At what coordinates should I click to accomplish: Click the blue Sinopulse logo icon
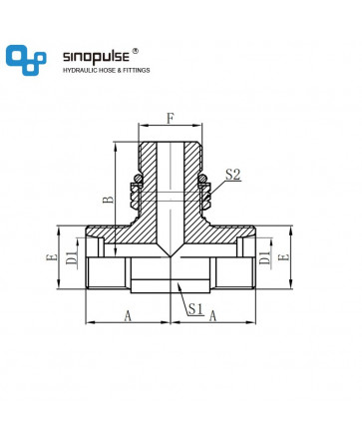coord(26,60)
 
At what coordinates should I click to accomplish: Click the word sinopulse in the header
coord(96,57)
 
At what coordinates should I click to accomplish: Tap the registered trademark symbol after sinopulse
coord(136,51)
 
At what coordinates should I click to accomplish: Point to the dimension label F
coord(171,119)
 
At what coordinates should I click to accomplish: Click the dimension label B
coord(109,200)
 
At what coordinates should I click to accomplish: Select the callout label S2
coord(233,175)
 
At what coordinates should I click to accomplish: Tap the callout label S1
coord(195,309)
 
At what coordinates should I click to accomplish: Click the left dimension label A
coord(128,316)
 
